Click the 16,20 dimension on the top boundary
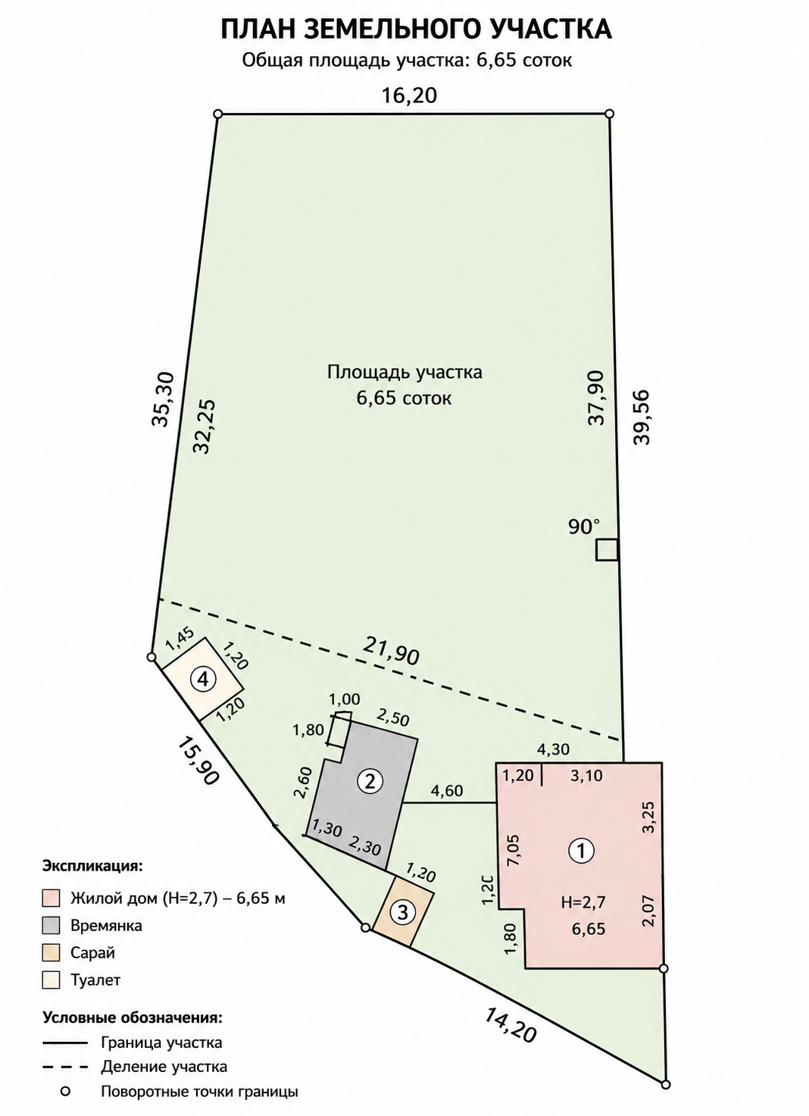tap(409, 95)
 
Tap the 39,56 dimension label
tap(641, 417)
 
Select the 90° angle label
tap(584, 527)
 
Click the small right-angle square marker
tap(608, 551)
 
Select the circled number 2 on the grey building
tap(370, 781)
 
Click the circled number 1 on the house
tap(581, 851)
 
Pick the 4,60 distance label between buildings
tap(447, 791)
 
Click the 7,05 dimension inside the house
tap(514, 851)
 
